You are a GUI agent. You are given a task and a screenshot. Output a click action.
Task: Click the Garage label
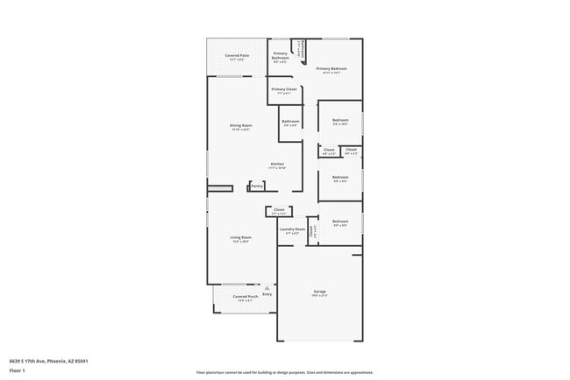click(319, 291)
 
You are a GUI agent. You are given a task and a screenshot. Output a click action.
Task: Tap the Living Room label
click(241, 237)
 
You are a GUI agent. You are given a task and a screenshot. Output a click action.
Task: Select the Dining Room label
click(241, 125)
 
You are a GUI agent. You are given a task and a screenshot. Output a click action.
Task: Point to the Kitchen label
click(277, 164)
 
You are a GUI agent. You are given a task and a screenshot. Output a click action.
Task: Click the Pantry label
click(257, 186)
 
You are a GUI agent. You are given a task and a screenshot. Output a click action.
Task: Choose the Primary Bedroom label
click(332, 68)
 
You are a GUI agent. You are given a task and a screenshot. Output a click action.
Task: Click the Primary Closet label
click(284, 88)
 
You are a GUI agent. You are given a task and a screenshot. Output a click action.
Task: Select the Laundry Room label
click(292, 229)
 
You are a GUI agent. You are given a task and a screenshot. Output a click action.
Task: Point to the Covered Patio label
click(236, 56)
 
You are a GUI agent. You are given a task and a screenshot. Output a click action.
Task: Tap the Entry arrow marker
click(267, 287)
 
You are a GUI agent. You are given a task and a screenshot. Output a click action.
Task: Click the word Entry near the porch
click(267, 294)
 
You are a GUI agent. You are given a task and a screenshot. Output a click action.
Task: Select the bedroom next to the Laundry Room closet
click(340, 222)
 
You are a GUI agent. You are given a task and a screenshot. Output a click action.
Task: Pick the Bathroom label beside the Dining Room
click(290, 121)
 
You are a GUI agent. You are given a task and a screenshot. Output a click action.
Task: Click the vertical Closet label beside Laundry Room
click(311, 231)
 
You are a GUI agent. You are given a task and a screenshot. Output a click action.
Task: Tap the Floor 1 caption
click(17, 371)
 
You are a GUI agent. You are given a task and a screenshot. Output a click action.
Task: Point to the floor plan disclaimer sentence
click(284, 371)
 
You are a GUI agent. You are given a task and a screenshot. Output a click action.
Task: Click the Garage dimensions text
click(319, 296)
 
